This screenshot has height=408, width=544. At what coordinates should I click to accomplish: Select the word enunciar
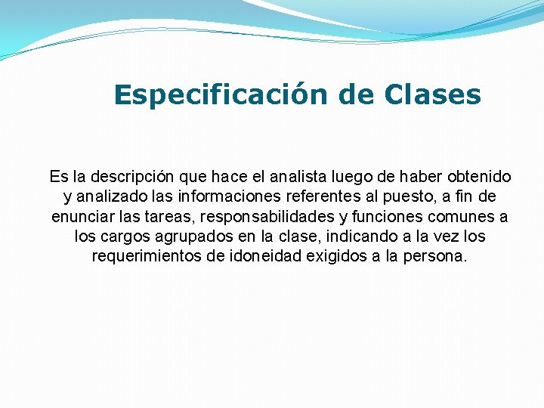click(x=80, y=217)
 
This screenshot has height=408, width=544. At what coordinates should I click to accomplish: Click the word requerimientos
click(x=147, y=256)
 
